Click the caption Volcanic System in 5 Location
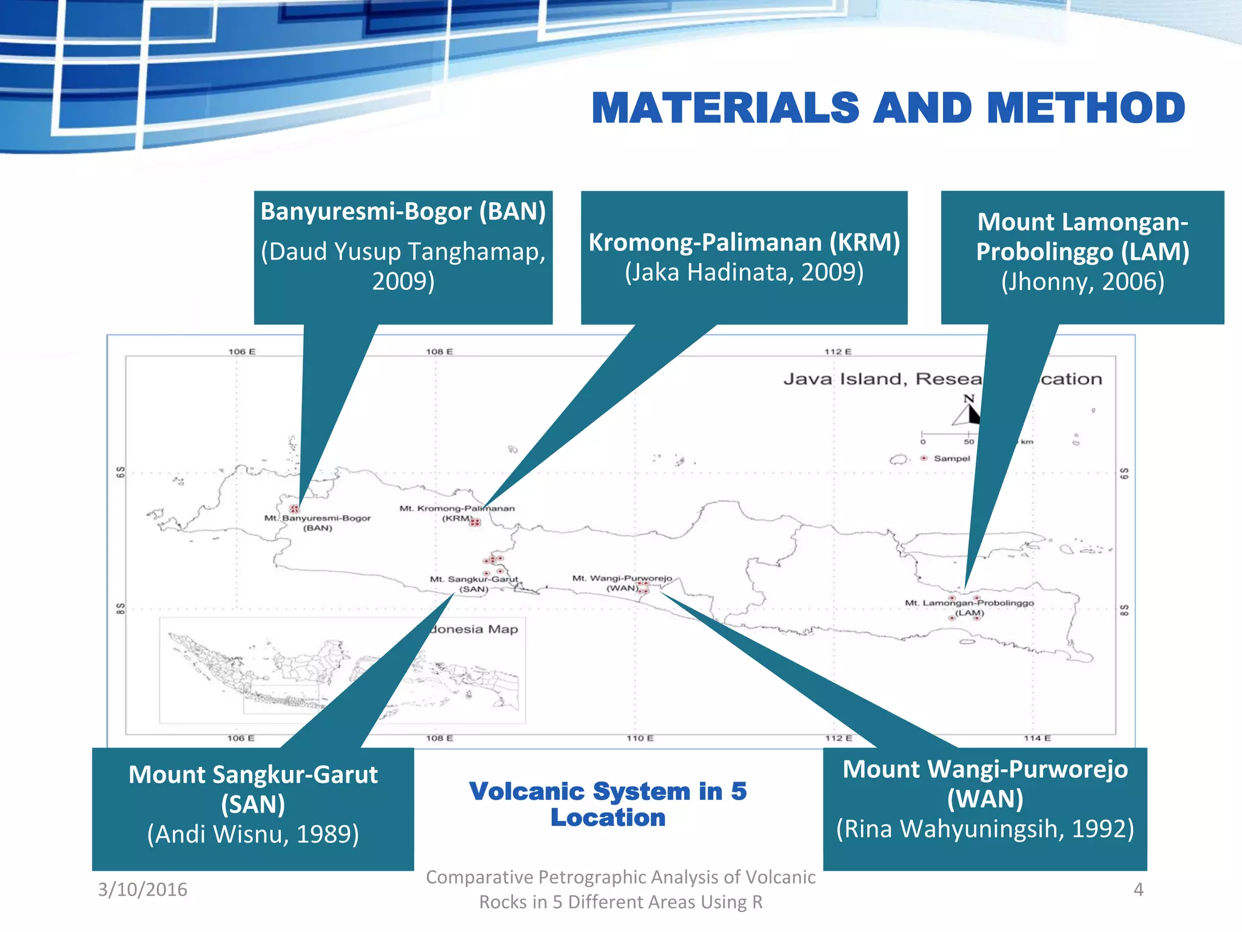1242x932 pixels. coord(608,804)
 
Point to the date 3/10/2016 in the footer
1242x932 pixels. coord(143,889)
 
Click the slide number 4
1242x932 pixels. coord(1138,889)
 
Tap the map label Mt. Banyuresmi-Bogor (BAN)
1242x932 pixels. coord(317,522)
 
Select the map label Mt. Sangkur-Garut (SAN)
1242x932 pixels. coord(474,584)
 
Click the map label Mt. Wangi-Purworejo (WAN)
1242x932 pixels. coord(622,582)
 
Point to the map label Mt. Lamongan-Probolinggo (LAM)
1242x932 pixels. coord(969,607)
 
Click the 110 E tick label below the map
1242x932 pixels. coord(640,738)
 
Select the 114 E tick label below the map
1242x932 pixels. coord(1037,738)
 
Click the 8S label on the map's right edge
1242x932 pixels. coord(1124,609)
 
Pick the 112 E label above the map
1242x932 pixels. coord(838,351)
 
